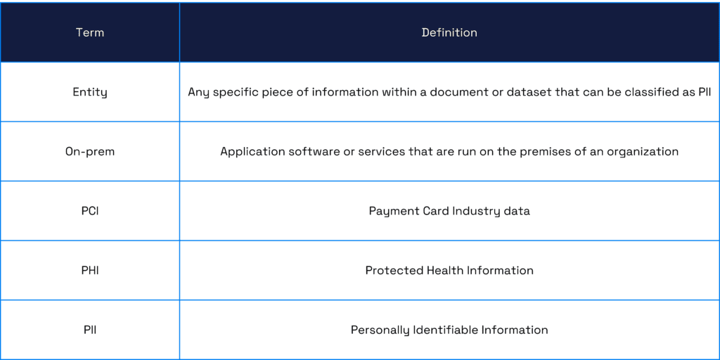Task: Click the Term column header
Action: pos(90,32)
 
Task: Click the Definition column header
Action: pos(449,32)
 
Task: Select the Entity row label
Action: pos(90,92)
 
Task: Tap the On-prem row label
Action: pos(90,152)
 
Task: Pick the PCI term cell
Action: pos(90,211)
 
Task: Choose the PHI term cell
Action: pos(90,270)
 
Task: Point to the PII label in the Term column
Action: pos(90,330)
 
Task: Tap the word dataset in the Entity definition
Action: pos(510,92)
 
